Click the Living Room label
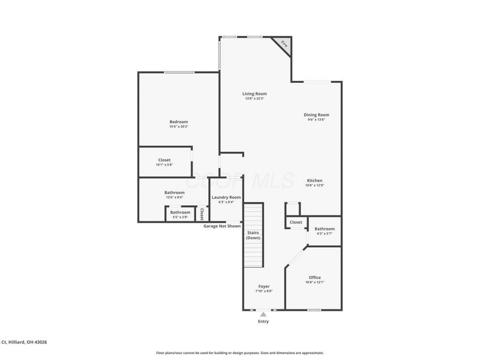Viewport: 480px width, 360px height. coord(254,94)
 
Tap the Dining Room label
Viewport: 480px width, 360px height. coord(316,115)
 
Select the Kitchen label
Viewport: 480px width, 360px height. coord(315,181)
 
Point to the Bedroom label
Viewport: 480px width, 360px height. coord(178,122)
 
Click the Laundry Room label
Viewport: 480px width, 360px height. coord(226,197)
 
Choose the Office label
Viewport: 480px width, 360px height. coord(314,277)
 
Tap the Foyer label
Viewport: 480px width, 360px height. coord(264,286)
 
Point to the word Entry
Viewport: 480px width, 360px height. coord(263,322)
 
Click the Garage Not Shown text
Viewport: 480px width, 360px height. coord(222,226)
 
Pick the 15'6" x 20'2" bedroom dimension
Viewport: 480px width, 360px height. coord(178,127)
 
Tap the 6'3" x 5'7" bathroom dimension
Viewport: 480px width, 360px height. coord(325,233)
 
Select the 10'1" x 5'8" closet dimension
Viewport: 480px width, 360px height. coord(164,165)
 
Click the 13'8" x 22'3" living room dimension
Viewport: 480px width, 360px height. coord(254,98)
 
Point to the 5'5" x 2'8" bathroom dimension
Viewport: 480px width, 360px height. coord(180,217)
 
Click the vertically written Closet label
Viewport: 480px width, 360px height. coord(202,214)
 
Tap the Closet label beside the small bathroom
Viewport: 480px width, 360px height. coord(296,223)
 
